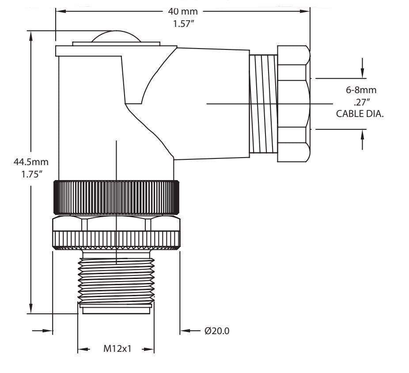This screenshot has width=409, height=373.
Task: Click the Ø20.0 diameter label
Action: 216,331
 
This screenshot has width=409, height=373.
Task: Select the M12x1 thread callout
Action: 116,349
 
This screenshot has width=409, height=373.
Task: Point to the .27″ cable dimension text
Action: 364,102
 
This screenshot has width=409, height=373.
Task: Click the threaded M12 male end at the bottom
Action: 116,278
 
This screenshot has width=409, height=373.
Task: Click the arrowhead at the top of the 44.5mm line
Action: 31,35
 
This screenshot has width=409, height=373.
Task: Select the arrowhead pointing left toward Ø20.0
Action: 185,331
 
